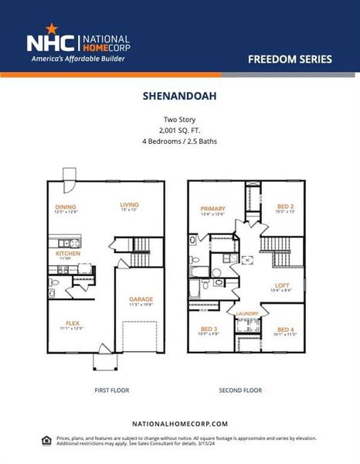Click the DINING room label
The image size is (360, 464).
click(x=65, y=206)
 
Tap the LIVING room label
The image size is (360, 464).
click(x=128, y=205)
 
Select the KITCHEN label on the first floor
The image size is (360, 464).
click(x=67, y=253)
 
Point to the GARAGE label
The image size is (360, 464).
click(x=141, y=299)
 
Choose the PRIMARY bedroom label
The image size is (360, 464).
click(x=212, y=209)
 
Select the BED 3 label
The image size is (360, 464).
click(x=209, y=329)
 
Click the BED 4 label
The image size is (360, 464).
click(x=286, y=329)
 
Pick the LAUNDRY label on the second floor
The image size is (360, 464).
click(x=247, y=313)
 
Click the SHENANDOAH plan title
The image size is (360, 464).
click(x=179, y=98)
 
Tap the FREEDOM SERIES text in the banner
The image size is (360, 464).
click(x=290, y=59)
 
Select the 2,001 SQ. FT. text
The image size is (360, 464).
click(x=179, y=131)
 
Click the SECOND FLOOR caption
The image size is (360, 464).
click(x=246, y=391)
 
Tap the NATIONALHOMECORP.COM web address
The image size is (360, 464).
click(x=179, y=424)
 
